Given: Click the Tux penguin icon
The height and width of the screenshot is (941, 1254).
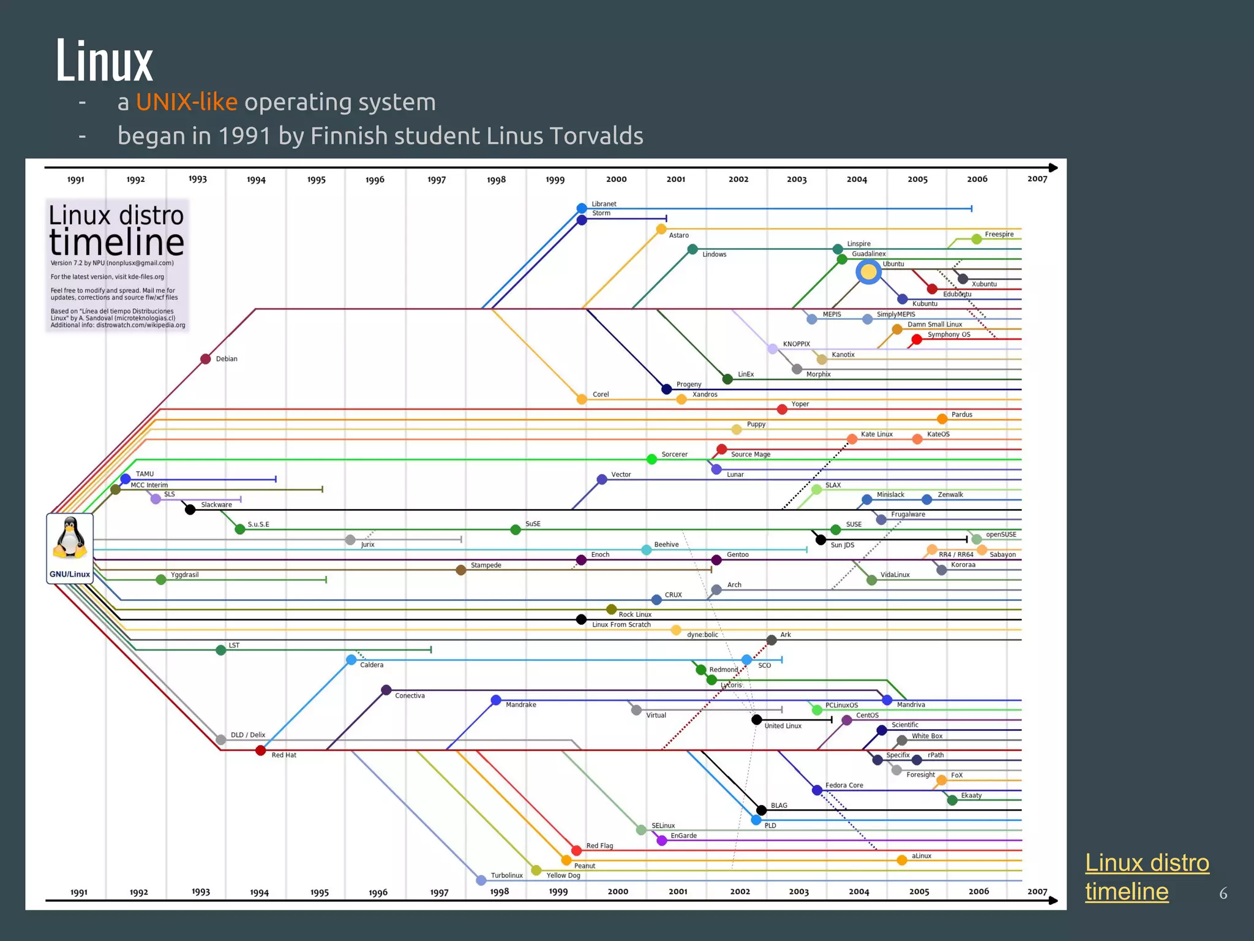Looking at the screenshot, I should [x=70, y=537].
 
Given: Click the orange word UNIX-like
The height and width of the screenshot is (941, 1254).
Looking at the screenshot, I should [x=186, y=102].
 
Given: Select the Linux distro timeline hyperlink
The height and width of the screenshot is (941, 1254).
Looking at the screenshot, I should [x=1146, y=877].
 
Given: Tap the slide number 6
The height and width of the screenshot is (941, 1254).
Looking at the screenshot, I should [x=1223, y=893].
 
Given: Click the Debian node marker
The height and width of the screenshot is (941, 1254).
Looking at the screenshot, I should [x=206, y=359].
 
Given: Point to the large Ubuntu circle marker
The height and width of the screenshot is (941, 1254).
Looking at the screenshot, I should [x=868, y=272].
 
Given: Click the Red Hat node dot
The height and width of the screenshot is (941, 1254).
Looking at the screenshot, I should [x=260, y=750].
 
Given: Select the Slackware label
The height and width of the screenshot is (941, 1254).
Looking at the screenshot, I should [x=216, y=505].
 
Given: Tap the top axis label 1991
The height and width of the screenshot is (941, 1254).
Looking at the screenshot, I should [x=75, y=180].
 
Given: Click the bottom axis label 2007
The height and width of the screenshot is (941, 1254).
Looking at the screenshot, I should [x=1037, y=891].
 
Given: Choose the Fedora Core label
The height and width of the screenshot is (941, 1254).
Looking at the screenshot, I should [x=844, y=785].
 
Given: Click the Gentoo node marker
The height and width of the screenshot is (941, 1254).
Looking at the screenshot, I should [x=716, y=560].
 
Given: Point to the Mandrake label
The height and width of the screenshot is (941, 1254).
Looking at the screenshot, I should [x=520, y=705].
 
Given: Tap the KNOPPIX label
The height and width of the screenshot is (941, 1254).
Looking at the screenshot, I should [x=796, y=344].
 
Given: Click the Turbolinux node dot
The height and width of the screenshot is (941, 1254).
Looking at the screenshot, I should [x=481, y=880].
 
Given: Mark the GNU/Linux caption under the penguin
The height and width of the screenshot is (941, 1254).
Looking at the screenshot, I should [x=70, y=575].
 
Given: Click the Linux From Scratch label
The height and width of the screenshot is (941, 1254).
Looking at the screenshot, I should [x=621, y=625].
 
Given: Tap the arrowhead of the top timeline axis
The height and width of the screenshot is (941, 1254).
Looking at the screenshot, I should [x=1053, y=167].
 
